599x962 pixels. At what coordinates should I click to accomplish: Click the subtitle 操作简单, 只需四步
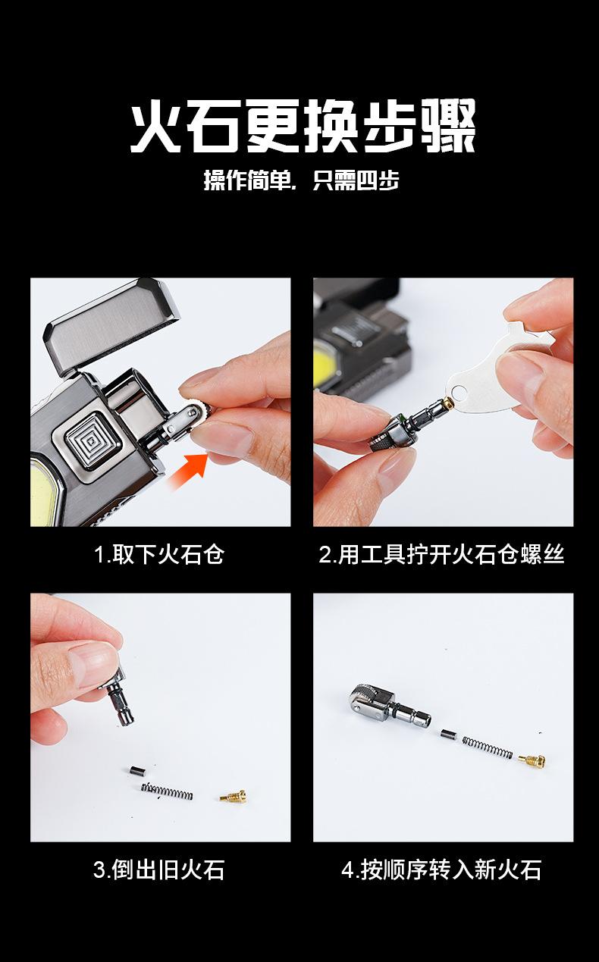click(x=301, y=180)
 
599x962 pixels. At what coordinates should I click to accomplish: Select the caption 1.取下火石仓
click(x=159, y=554)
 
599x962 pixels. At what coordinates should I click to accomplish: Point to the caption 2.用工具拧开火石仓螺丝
click(x=441, y=554)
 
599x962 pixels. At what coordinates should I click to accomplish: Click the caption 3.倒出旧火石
click(x=159, y=870)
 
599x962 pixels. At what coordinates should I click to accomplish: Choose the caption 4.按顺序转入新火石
click(x=441, y=870)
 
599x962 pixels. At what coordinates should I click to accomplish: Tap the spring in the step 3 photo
click(x=167, y=791)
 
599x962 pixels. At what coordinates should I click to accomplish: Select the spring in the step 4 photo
click(x=488, y=747)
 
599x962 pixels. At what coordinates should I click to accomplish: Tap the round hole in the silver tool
click(x=459, y=393)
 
